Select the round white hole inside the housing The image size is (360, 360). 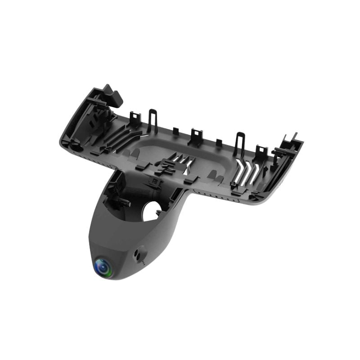[x=152, y=210]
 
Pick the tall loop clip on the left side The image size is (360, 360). [x=153, y=120]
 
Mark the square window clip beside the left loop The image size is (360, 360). [x=135, y=119]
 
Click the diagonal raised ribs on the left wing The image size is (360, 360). [x=121, y=137]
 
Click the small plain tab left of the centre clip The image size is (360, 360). [x=175, y=132]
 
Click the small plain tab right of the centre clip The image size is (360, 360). [x=219, y=144]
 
